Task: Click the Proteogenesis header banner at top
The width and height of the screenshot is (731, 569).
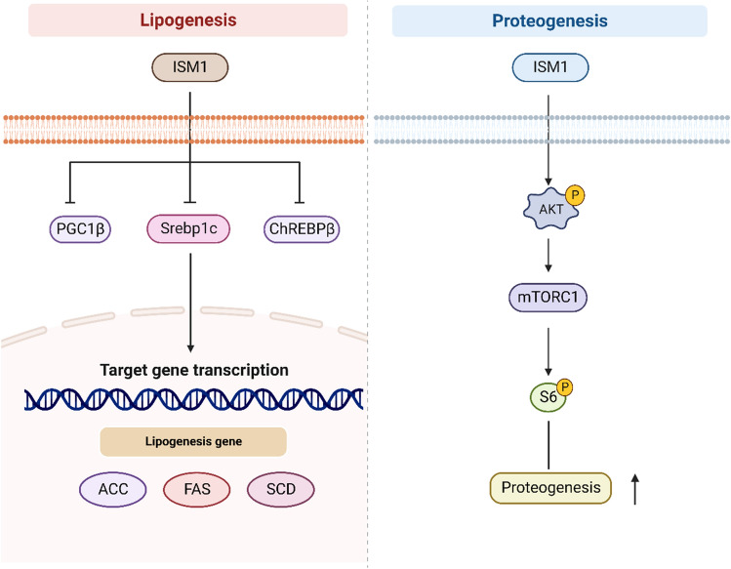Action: click(x=548, y=20)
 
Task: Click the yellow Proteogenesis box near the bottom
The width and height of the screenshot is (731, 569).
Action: click(x=549, y=487)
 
